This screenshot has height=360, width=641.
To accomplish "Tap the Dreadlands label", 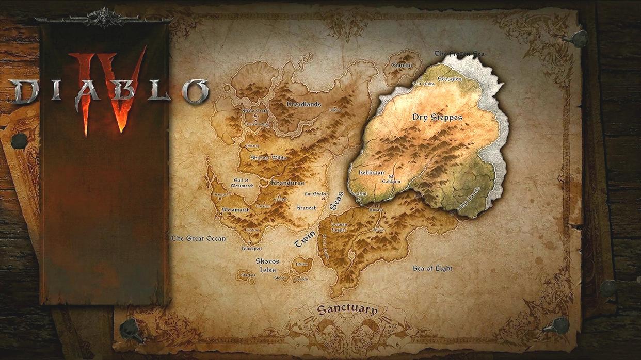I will click(303, 104).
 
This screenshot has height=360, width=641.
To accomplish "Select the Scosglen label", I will click(450, 79).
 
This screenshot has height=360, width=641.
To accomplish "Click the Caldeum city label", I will click(391, 182).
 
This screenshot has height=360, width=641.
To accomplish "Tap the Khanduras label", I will click(287, 183).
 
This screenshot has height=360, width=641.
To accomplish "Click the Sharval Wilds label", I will click(268, 158).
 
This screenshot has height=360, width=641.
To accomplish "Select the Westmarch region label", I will click(235, 210).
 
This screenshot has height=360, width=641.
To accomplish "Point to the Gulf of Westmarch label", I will click(242, 183).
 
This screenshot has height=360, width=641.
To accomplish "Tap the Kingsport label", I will click(252, 248).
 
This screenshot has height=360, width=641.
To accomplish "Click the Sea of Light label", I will click(432, 268).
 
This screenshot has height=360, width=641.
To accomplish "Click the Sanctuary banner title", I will click(347, 309).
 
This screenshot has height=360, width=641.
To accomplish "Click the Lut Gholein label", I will click(316, 193).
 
